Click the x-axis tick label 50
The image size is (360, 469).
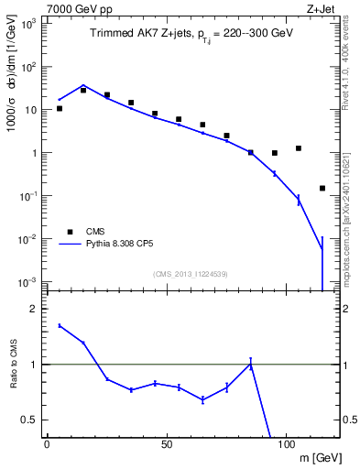click(166, 443)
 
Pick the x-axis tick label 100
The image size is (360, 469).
click(286, 443)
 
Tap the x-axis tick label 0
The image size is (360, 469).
click(47, 443)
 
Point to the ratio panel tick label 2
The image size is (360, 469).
click(34, 309)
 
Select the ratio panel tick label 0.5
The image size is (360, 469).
click(30, 420)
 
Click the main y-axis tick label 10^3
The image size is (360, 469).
click(27, 24)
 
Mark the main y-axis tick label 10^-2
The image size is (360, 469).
click(27, 239)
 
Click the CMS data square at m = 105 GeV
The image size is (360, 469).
click(298, 147)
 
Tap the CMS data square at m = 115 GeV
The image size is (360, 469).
click(322, 188)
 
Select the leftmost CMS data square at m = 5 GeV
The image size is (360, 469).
click(60, 108)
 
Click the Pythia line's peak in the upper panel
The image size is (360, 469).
click(83, 85)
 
